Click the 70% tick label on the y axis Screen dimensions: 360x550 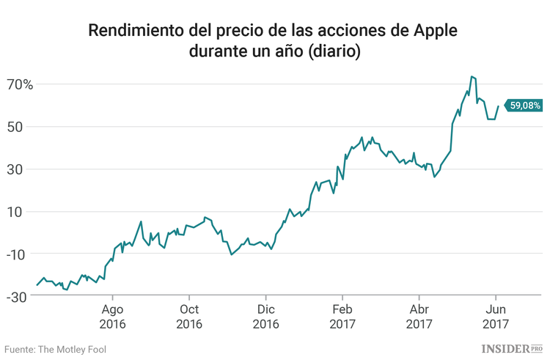21,84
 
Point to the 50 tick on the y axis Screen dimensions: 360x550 24,127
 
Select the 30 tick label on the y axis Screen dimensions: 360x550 24,169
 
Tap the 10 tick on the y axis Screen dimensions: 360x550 24,212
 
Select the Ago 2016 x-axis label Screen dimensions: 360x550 112,316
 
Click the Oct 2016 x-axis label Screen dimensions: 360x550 189,316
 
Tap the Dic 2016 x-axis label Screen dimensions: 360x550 265,316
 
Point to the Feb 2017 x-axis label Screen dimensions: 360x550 342,316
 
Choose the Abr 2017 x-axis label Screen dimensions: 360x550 419,316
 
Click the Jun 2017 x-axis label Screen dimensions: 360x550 496,316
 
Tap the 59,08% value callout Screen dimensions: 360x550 524,106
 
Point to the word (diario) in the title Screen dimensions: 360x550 333,53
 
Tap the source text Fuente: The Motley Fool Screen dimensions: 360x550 56,349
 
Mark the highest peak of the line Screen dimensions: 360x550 472,76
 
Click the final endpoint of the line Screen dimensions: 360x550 499,106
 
